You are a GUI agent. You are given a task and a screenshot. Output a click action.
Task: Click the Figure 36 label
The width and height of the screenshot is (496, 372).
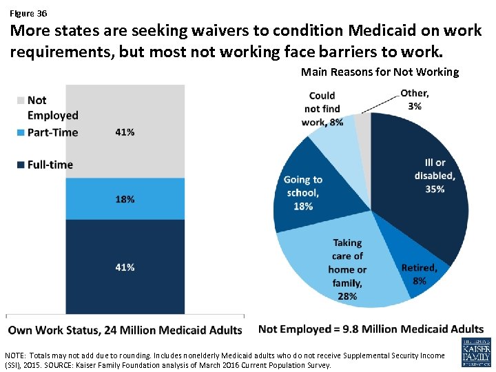(28, 13)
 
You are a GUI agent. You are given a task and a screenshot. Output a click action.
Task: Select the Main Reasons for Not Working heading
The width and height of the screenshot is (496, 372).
(380, 72)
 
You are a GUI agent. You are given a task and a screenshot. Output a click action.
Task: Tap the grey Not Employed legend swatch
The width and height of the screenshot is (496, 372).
(21, 101)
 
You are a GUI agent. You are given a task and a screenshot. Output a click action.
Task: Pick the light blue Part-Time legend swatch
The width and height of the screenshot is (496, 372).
(21, 132)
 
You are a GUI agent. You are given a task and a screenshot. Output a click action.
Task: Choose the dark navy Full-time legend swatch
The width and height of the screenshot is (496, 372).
(21, 165)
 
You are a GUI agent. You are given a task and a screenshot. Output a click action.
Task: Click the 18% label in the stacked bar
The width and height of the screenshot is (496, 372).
(125, 199)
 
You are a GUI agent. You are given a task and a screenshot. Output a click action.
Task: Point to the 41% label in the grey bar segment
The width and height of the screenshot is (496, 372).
(125, 132)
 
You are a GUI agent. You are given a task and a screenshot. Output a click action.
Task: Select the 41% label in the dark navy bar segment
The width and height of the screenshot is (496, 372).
(125, 267)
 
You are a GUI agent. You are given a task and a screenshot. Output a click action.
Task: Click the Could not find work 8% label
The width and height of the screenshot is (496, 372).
(322, 109)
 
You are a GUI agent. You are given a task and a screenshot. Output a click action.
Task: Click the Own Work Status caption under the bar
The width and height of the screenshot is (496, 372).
(125, 330)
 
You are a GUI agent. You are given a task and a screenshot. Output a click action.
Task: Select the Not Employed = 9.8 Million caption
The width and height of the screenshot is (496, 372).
(371, 329)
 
